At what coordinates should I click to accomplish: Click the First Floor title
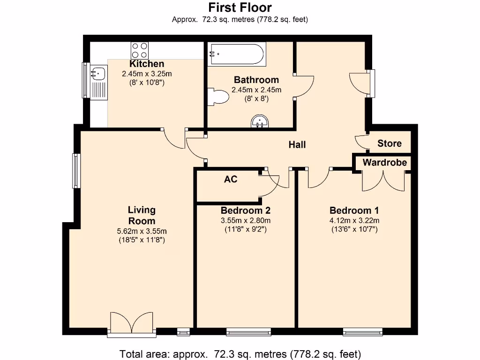point(240,7)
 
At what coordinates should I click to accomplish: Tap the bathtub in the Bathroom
point(237,54)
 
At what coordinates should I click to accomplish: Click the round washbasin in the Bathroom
point(259,122)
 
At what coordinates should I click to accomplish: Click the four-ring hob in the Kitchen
point(139,50)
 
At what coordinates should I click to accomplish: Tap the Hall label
point(297,144)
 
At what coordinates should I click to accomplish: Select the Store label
point(389,143)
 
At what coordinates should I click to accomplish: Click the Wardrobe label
point(384,163)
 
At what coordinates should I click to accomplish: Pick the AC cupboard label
point(230,179)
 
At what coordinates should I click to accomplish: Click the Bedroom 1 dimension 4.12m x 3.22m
point(354,221)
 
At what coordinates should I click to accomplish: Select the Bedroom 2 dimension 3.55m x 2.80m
point(245,221)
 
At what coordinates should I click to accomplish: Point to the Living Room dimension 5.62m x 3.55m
point(142,231)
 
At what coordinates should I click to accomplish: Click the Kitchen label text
point(147,64)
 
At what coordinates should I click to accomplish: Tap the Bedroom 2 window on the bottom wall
point(248,332)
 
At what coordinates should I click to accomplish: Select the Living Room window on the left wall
point(75,171)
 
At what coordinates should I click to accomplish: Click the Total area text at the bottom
point(240,353)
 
